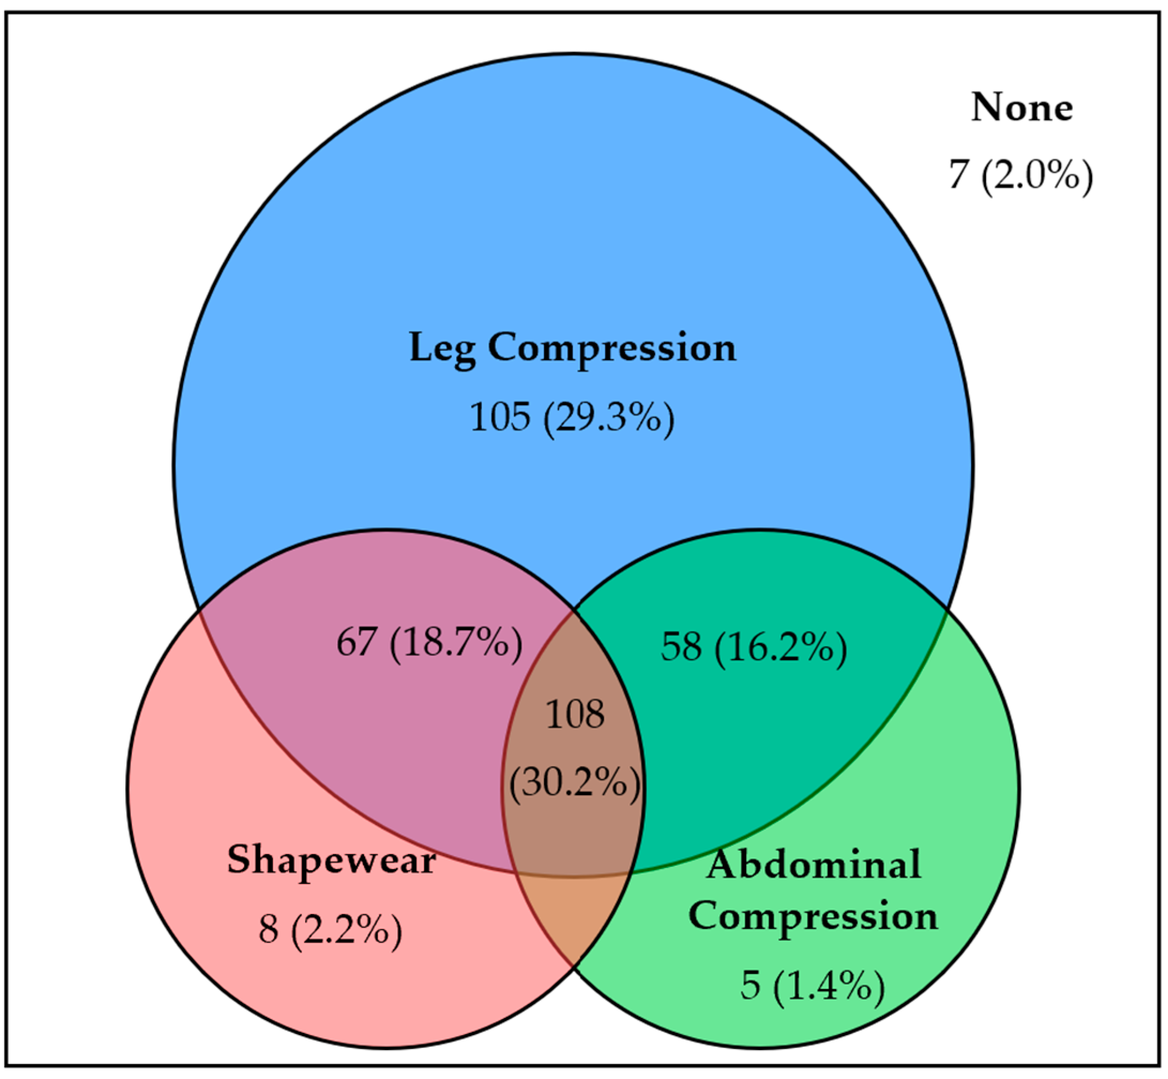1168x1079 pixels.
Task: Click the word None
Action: [x=1021, y=108]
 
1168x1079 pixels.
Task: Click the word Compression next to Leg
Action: [x=612, y=349]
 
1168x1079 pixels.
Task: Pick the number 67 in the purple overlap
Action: [x=355, y=642]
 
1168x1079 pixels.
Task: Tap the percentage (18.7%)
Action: [x=456, y=642]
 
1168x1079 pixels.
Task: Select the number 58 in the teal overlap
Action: [x=680, y=648]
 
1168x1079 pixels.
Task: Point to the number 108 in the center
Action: [x=575, y=714]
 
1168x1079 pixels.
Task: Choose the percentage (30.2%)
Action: [x=575, y=782]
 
